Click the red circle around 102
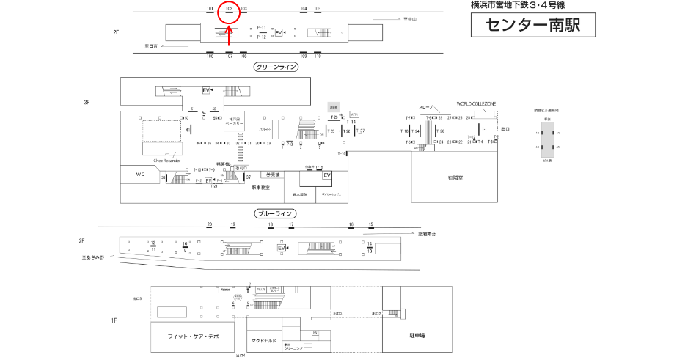(230, 10)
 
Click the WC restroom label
(141, 175)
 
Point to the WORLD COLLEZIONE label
(476, 104)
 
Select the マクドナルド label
(263, 341)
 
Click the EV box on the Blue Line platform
(281, 249)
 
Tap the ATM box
(354, 114)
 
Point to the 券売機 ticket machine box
(272, 175)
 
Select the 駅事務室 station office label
(261, 188)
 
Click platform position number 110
(317, 56)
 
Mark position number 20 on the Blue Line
(210, 224)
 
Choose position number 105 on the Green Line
(318, 9)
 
